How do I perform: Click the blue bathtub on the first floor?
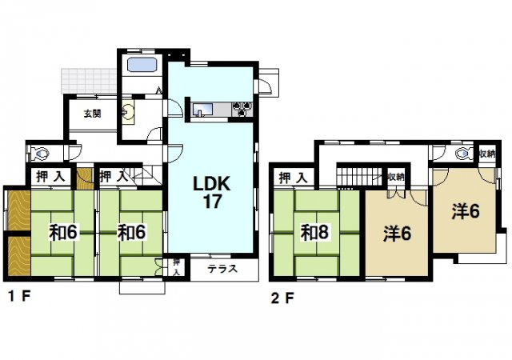(142, 64)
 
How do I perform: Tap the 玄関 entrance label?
(93, 114)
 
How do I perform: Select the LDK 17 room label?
(212, 193)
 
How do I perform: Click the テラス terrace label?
(222, 269)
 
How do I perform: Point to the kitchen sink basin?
(202, 110)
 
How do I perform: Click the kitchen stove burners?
(242, 109)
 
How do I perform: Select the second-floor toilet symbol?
(464, 153)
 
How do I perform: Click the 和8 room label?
(314, 233)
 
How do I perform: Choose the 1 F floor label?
(19, 297)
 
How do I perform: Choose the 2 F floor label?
(282, 298)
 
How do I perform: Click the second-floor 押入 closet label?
(294, 178)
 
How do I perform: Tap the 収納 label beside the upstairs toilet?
(487, 154)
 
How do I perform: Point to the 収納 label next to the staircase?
(396, 177)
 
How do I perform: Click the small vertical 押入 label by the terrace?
(176, 267)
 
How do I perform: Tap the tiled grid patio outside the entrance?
(89, 81)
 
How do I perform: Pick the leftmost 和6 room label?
(62, 233)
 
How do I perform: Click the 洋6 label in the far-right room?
(466, 211)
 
